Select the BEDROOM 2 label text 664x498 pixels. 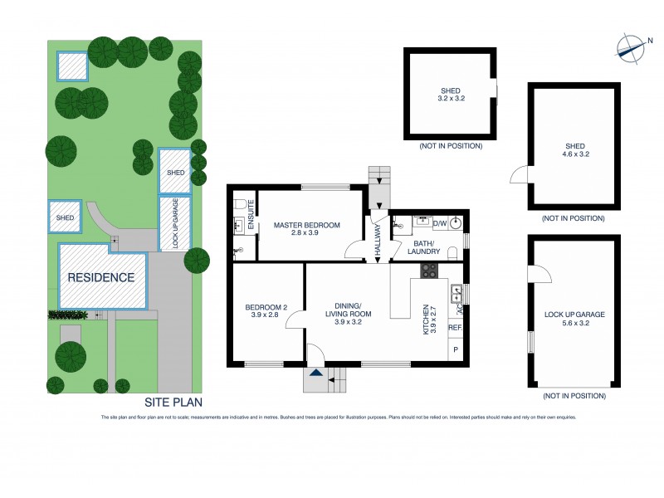[266, 312]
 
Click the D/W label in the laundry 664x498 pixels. [441, 222]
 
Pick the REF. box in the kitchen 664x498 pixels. [455, 328]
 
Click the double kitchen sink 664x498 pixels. [456, 293]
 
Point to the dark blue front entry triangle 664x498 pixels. [315, 375]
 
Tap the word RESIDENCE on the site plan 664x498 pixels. [100, 277]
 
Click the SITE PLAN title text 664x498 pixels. [173, 402]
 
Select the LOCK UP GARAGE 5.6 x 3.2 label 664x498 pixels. [574, 320]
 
